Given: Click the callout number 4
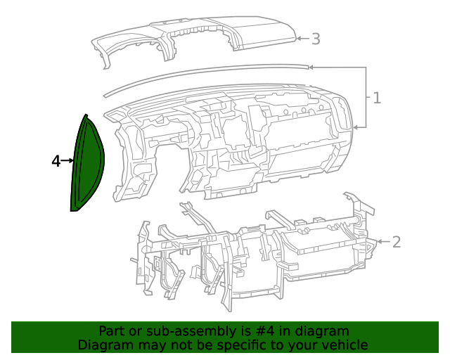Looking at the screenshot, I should (56, 161).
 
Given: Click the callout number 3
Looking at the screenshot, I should (316, 39).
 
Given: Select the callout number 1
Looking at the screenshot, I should (377, 98).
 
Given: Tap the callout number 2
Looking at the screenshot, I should (397, 242).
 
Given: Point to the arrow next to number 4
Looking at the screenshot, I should (69, 161).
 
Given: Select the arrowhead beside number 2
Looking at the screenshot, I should (380, 242).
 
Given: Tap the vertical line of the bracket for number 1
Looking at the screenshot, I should (366, 98).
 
